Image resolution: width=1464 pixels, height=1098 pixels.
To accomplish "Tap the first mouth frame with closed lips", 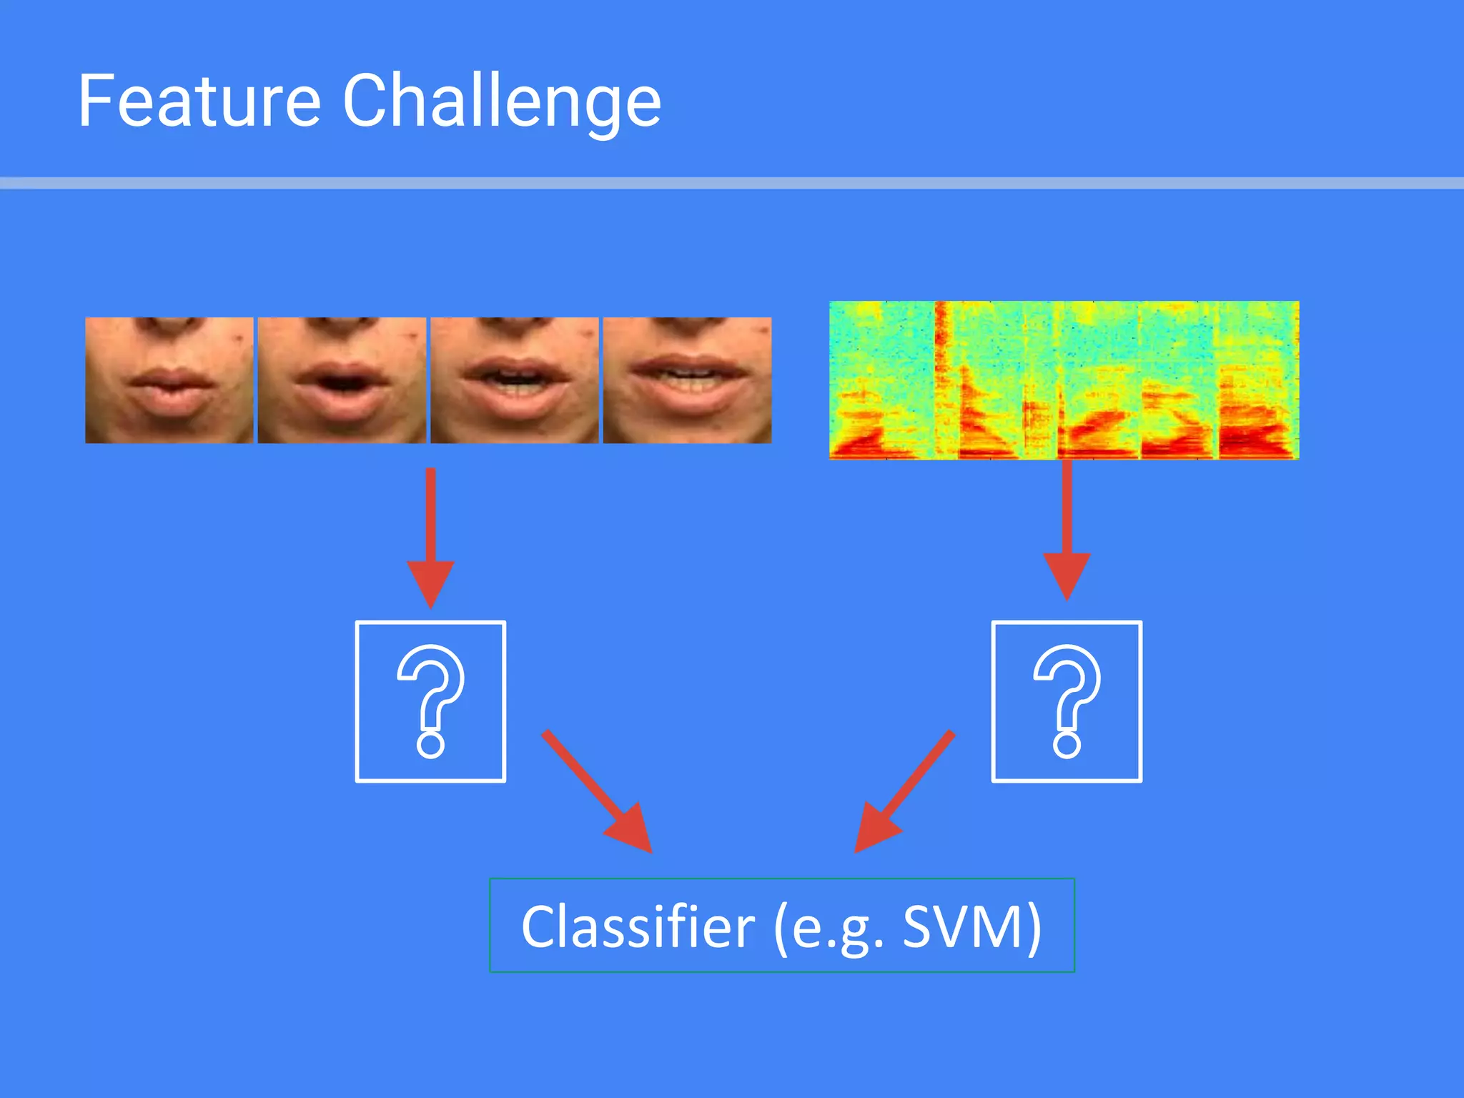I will (x=169, y=380).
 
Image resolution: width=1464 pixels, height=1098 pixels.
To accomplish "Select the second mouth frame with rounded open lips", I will (x=342, y=380).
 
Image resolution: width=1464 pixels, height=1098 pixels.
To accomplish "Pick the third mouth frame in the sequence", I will (x=514, y=380).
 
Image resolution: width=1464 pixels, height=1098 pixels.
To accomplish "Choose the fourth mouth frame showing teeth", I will (x=687, y=380).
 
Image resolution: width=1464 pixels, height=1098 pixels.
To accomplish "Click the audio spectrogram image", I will (x=1064, y=380).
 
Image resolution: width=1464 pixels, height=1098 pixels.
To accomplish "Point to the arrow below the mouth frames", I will (x=430, y=536).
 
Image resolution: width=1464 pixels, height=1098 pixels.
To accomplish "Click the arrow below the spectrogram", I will (x=1067, y=529).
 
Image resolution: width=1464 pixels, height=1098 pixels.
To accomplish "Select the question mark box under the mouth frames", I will (x=430, y=701).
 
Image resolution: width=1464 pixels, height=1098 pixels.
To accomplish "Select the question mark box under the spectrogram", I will (x=1067, y=701).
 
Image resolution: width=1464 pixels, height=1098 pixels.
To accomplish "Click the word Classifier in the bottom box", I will (x=637, y=927).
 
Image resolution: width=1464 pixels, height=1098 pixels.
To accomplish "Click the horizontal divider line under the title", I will (x=732, y=184).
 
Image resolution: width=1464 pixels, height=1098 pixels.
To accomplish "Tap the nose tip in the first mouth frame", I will (x=169, y=323).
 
